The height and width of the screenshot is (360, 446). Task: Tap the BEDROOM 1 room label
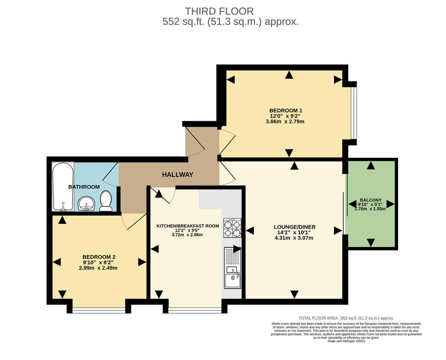285,110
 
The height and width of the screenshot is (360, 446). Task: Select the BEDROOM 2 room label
98,257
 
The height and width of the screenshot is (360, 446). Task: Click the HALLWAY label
178,174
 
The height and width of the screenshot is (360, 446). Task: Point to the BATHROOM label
84,187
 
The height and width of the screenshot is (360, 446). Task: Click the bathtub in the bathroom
63,186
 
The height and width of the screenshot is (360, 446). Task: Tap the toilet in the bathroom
106,201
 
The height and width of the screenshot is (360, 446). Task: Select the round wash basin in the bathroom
87,203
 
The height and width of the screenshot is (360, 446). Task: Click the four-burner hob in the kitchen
232,228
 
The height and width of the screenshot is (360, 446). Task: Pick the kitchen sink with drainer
233,268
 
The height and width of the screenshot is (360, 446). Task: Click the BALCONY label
370,200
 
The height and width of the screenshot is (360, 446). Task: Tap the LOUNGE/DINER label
294,227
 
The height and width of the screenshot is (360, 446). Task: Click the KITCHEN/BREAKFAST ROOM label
187,226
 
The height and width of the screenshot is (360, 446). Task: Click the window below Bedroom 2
99,309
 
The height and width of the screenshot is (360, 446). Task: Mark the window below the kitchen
195,309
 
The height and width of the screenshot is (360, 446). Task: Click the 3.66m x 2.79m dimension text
285,121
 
